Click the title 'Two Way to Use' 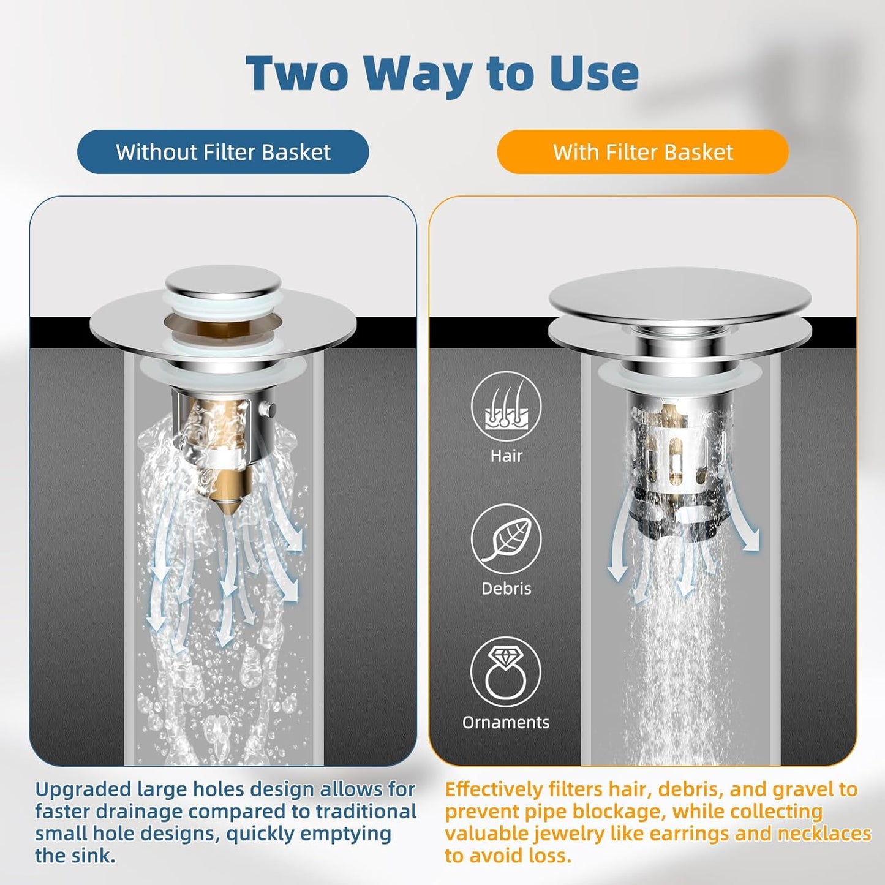442,73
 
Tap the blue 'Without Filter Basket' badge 223,152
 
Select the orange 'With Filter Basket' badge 642,152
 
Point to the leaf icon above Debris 506,539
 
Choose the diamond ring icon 506,672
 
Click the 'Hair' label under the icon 506,456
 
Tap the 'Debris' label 506,589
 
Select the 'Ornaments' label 506,723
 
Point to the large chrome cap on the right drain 680,297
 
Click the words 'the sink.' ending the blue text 75,856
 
